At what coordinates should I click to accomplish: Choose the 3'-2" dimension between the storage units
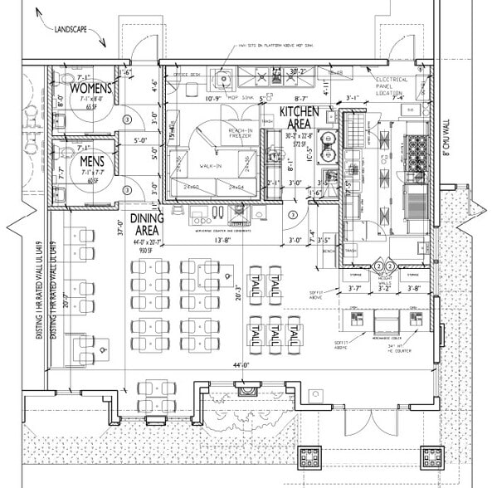pos(382,289)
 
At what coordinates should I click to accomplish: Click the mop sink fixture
pos(222,80)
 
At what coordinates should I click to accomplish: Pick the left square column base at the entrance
pos(312,457)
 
